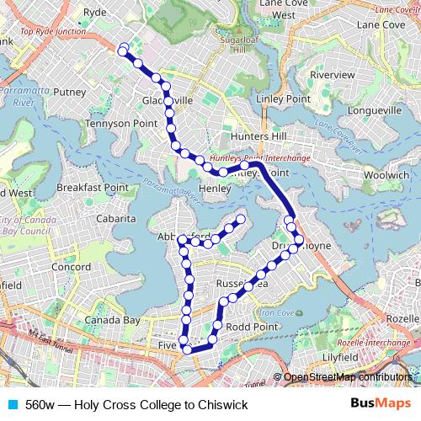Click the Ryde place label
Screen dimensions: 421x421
pos(96,13)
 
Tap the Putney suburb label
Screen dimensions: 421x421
pos(70,92)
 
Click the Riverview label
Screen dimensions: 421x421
pos(333,75)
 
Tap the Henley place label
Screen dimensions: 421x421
pos(214,189)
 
